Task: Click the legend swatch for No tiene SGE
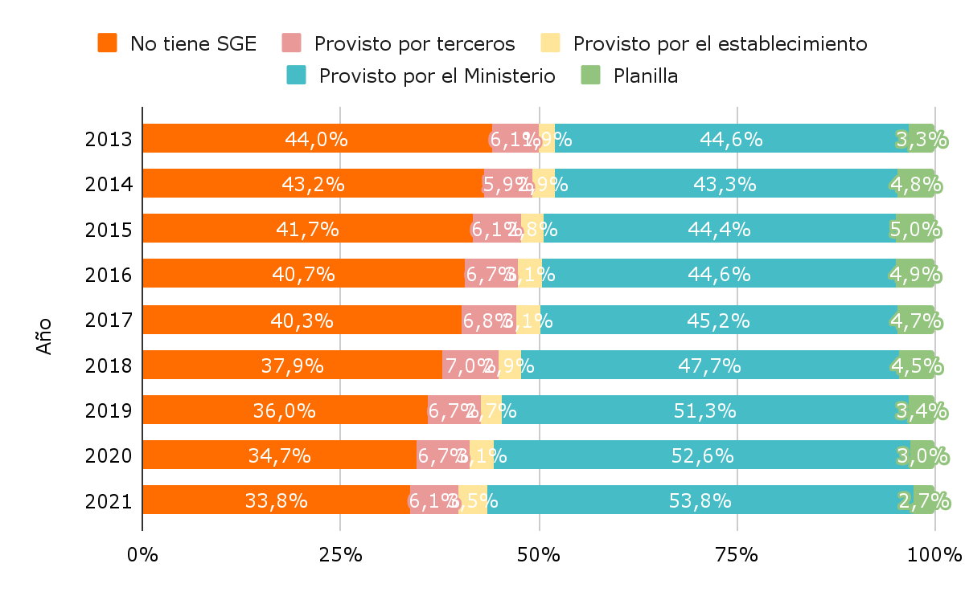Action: click(108, 43)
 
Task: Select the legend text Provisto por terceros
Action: click(414, 43)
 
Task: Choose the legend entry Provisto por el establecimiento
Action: click(720, 43)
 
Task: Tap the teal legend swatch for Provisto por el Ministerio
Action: click(297, 76)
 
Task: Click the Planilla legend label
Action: click(645, 76)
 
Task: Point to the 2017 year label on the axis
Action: click(108, 320)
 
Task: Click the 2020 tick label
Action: click(108, 456)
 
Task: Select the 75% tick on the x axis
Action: click(737, 555)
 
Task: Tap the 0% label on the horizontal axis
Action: click(142, 555)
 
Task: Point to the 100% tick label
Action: click(934, 555)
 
